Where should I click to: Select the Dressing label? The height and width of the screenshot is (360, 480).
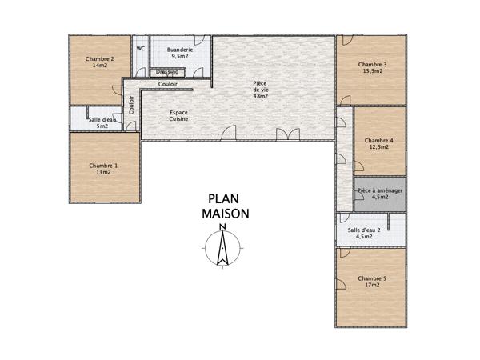168,71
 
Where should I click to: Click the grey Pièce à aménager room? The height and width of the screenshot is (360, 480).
380,196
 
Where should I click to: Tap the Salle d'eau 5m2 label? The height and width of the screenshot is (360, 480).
102,122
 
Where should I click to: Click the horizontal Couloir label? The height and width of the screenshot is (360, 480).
168,84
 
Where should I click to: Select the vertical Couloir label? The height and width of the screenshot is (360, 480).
131,106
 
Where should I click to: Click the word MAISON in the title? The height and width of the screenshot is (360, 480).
225,214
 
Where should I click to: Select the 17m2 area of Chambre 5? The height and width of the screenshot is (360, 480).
373,286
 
